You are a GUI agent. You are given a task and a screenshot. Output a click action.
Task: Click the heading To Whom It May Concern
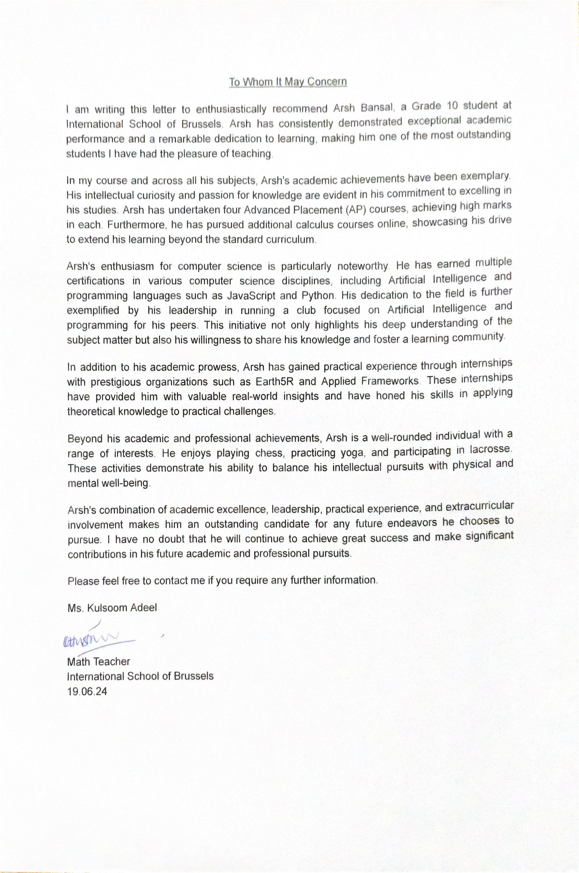coord(288,82)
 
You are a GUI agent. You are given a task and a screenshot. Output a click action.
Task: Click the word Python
coord(318,295)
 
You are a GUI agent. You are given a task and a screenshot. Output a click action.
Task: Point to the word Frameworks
coord(390,381)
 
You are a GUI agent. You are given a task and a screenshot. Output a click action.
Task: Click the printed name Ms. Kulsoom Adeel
coord(112,607)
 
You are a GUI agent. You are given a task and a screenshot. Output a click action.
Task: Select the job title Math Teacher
coord(99,662)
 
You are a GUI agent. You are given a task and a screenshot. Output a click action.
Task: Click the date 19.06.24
coord(87,691)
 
